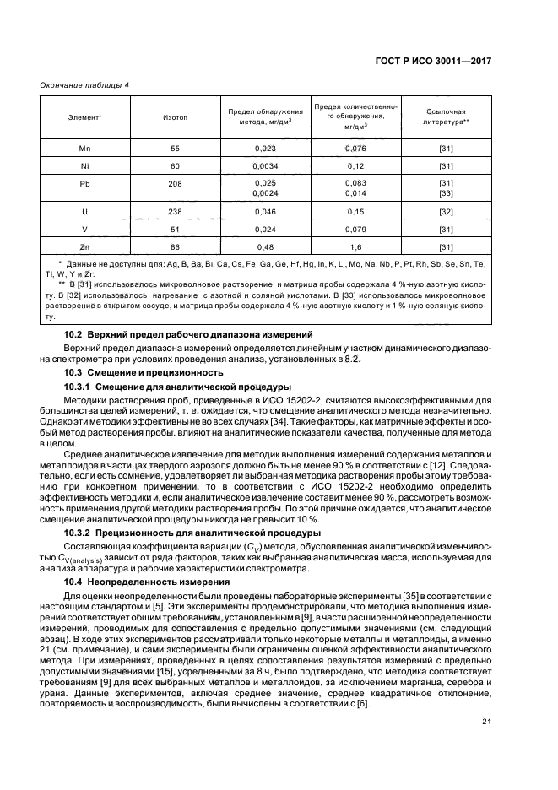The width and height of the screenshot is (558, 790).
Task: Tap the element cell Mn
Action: (84, 149)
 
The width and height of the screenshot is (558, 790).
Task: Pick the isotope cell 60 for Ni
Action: (175, 166)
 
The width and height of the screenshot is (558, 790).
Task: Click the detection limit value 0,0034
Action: (266, 166)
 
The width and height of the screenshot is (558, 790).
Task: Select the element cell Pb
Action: (84, 184)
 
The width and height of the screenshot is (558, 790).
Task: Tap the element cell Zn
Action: (84, 246)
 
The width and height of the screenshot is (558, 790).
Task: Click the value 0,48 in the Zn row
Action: (266, 246)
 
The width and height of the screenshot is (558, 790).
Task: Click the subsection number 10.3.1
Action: (81, 387)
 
